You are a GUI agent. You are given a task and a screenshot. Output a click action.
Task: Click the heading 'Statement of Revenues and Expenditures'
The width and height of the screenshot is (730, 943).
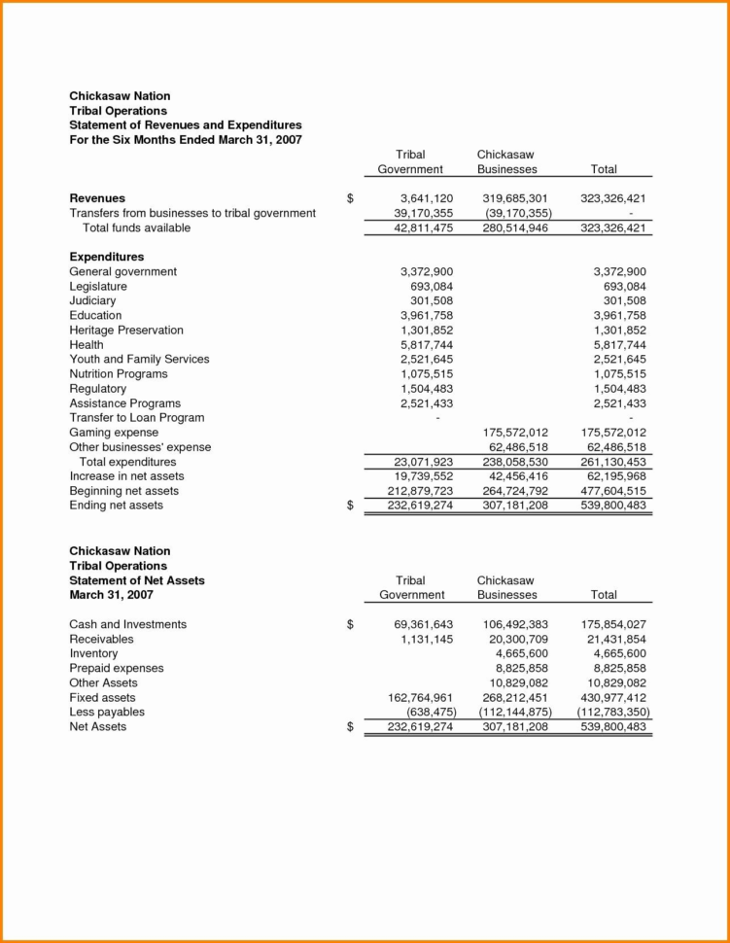click(x=185, y=125)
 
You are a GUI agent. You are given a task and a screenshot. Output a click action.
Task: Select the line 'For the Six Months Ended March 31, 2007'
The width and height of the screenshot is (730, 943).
click(x=185, y=140)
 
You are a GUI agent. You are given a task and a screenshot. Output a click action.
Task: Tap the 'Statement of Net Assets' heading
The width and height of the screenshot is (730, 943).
click(x=137, y=580)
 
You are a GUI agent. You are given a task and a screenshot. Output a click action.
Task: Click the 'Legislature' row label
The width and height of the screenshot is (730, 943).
click(x=98, y=287)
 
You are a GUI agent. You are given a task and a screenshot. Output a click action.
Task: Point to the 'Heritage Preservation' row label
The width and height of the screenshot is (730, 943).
click(x=125, y=331)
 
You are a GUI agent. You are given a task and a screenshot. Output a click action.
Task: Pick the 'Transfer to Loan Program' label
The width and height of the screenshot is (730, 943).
click(x=137, y=418)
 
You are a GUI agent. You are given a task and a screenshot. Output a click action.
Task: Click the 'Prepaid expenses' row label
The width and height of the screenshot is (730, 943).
click(x=116, y=669)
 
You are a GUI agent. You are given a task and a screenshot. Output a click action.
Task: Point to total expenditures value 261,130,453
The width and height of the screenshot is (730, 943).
click(x=612, y=462)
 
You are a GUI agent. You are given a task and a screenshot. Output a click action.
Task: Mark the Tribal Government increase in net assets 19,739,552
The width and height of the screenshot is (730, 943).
click(x=413, y=476)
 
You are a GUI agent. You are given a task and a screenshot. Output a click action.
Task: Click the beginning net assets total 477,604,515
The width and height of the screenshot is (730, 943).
click(x=612, y=491)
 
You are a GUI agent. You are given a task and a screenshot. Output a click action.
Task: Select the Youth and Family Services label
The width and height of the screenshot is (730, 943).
click(x=139, y=360)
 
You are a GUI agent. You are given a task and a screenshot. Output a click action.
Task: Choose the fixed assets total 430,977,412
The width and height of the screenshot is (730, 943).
click(x=612, y=698)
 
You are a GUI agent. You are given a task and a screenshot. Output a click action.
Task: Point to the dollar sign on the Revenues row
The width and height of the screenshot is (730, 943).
click(x=350, y=198)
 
